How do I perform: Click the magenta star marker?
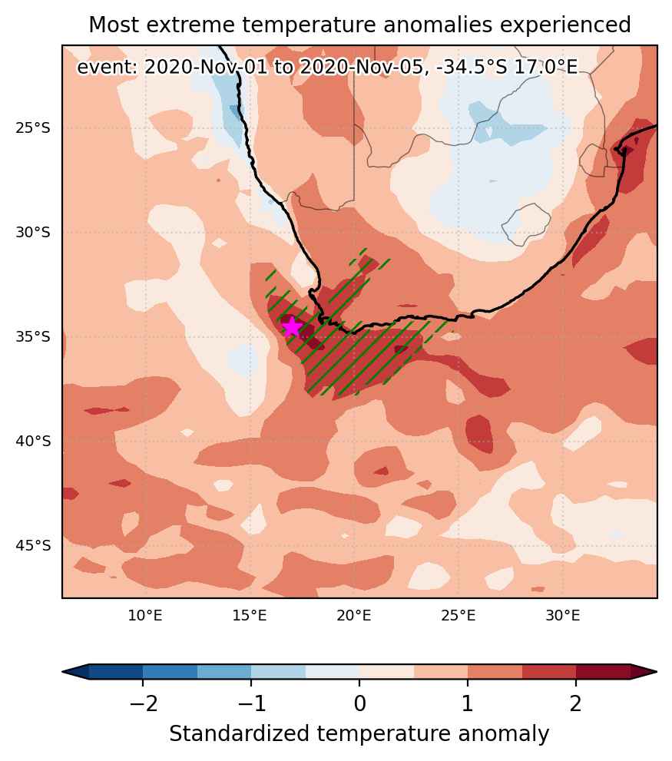[x=292, y=327]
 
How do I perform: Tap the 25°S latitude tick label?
[x=33, y=128]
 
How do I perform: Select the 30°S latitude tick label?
[x=33, y=233]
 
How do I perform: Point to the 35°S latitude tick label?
[x=33, y=337]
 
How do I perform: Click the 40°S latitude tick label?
[x=33, y=442]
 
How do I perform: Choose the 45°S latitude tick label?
[x=33, y=545]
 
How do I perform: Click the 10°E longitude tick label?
[x=145, y=616]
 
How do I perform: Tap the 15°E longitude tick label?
[x=250, y=616]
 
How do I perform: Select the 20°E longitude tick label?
[x=354, y=616]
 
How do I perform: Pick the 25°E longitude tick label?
[x=458, y=616]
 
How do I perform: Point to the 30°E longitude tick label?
[x=563, y=616]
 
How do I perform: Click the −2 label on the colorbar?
[x=144, y=703]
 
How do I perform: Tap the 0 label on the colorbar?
[x=359, y=703]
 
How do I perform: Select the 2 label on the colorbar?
[x=576, y=703]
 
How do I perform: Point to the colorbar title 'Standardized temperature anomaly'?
[x=359, y=734]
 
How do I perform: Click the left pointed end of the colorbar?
[x=64, y=672]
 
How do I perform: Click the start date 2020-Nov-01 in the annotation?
[x=206, y=67]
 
